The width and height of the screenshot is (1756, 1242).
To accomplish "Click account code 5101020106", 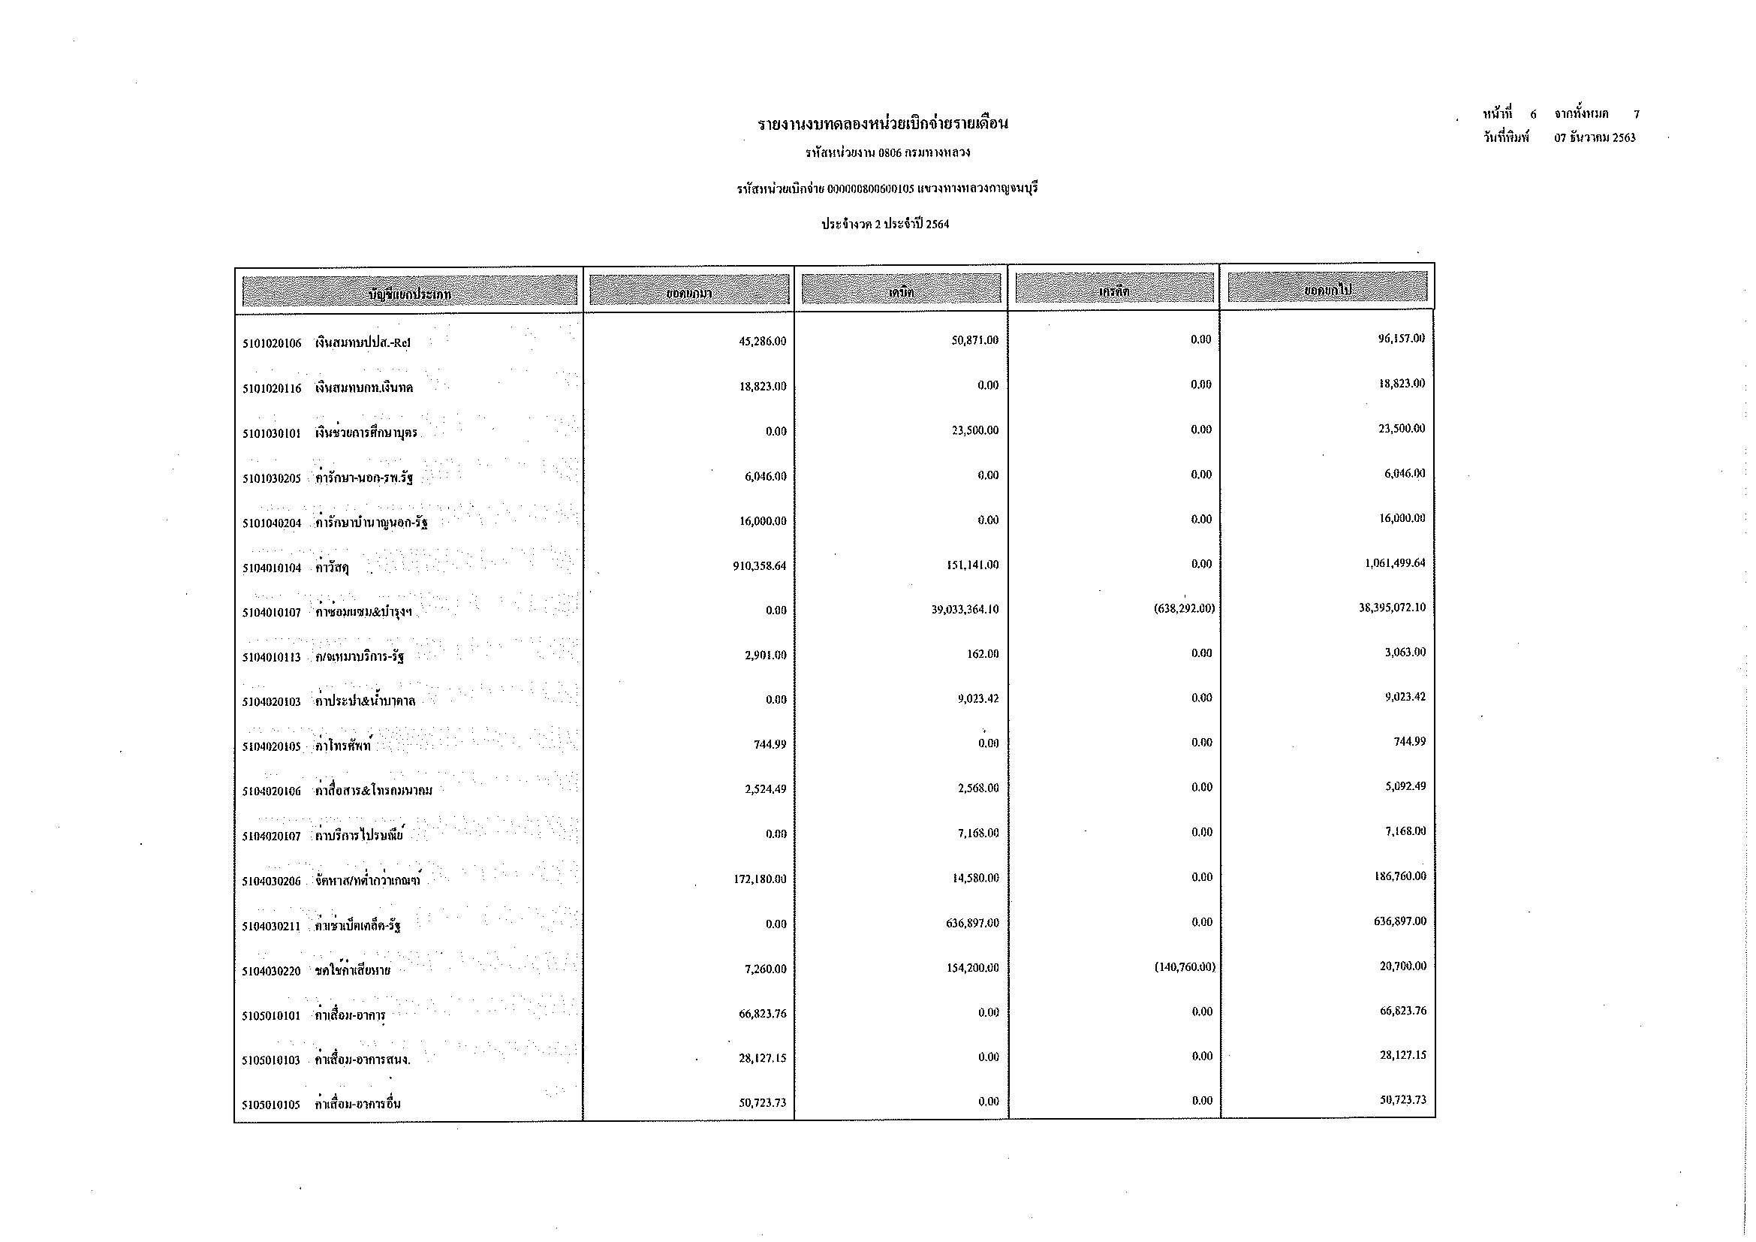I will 273,343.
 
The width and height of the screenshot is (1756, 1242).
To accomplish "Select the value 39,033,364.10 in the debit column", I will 965,610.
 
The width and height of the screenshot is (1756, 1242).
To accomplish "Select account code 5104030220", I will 273,971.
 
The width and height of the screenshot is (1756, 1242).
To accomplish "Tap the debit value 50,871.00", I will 974,340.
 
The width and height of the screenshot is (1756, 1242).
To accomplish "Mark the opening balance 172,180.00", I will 759,879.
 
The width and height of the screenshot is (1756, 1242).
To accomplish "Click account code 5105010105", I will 273,1105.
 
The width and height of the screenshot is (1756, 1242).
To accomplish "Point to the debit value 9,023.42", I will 977,698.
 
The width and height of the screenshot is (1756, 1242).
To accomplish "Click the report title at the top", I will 883,123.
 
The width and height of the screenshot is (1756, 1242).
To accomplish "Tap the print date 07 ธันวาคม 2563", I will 1595,138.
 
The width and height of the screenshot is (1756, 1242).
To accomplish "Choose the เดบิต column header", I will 901,290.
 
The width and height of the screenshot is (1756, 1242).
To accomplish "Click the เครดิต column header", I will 1114,290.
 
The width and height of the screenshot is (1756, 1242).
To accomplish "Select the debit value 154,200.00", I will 971,968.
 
